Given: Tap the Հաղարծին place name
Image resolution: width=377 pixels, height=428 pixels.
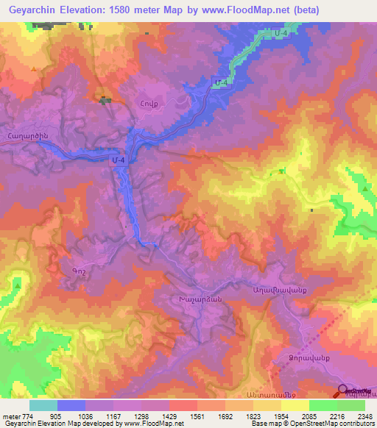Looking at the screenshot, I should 27,134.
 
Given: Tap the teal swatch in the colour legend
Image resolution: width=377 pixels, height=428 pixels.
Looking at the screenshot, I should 43,405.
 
